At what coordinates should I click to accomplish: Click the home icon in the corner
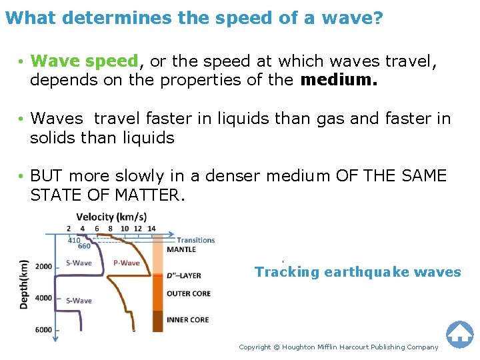459,334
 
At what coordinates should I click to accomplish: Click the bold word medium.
339,81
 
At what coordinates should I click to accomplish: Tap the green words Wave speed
84,61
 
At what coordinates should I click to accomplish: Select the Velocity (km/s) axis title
111,217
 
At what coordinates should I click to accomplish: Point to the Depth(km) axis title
24,283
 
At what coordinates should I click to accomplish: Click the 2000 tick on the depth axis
43,267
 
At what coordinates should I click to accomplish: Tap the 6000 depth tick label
43,330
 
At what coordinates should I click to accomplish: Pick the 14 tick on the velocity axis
151,229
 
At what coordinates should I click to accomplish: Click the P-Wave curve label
127,263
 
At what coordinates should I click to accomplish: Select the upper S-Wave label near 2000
79,263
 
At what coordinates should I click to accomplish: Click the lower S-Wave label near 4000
79,301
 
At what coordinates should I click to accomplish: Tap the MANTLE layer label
181,249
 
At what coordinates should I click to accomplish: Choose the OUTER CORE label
189,293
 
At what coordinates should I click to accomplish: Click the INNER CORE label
188,320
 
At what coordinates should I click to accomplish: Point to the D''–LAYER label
184,275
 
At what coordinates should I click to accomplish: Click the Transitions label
195,240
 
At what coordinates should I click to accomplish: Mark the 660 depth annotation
84,247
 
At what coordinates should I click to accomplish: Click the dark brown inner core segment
157,321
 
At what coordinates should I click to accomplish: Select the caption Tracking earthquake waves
357,272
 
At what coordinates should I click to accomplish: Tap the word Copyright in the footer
255,347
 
